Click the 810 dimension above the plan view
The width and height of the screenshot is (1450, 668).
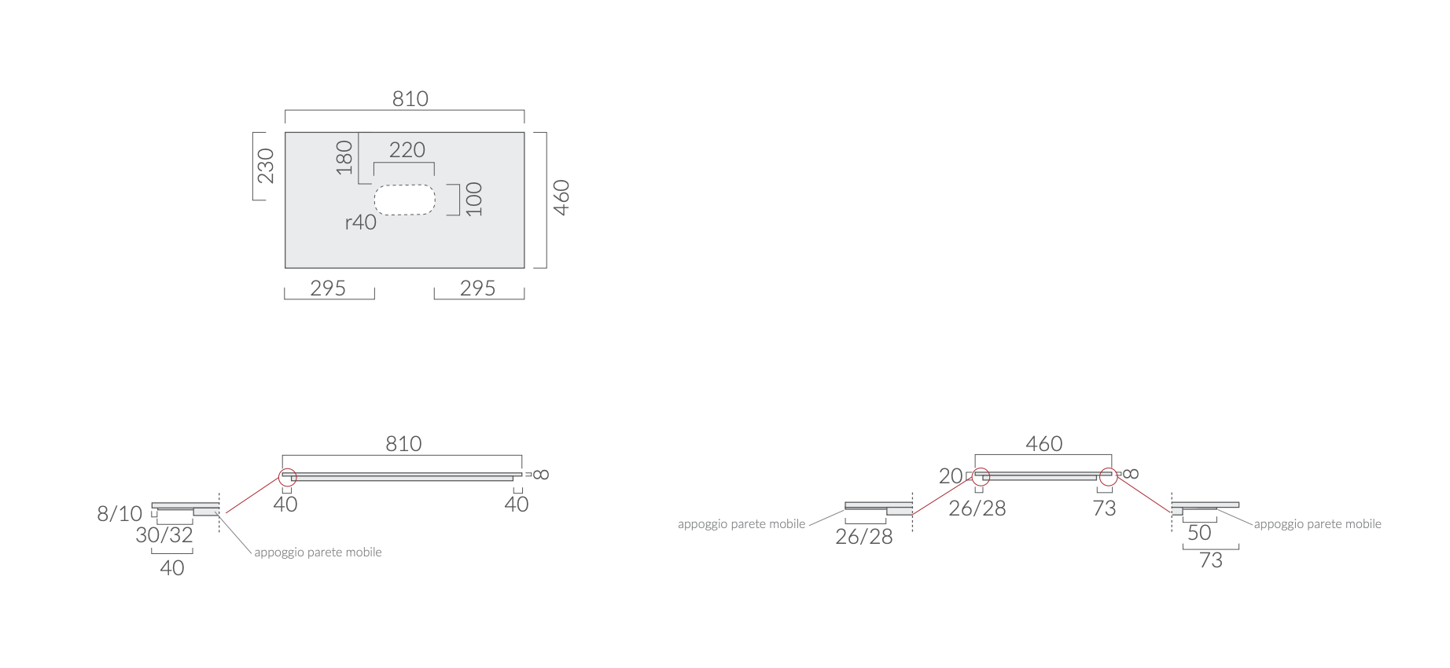tap(410, 99)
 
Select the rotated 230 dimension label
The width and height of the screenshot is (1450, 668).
tap(266, 166)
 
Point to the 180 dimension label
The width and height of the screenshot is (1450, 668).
tap(344, 157)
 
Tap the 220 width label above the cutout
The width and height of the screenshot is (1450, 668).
tap(407, 150)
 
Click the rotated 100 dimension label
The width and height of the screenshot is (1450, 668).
tap(473, 199)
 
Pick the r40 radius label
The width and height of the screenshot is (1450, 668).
tap(361, 222)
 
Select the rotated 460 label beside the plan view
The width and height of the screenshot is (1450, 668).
tap(561, 197)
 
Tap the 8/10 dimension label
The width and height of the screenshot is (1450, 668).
tap(120, 514)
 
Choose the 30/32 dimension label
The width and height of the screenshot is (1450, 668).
tap(164, 535)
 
